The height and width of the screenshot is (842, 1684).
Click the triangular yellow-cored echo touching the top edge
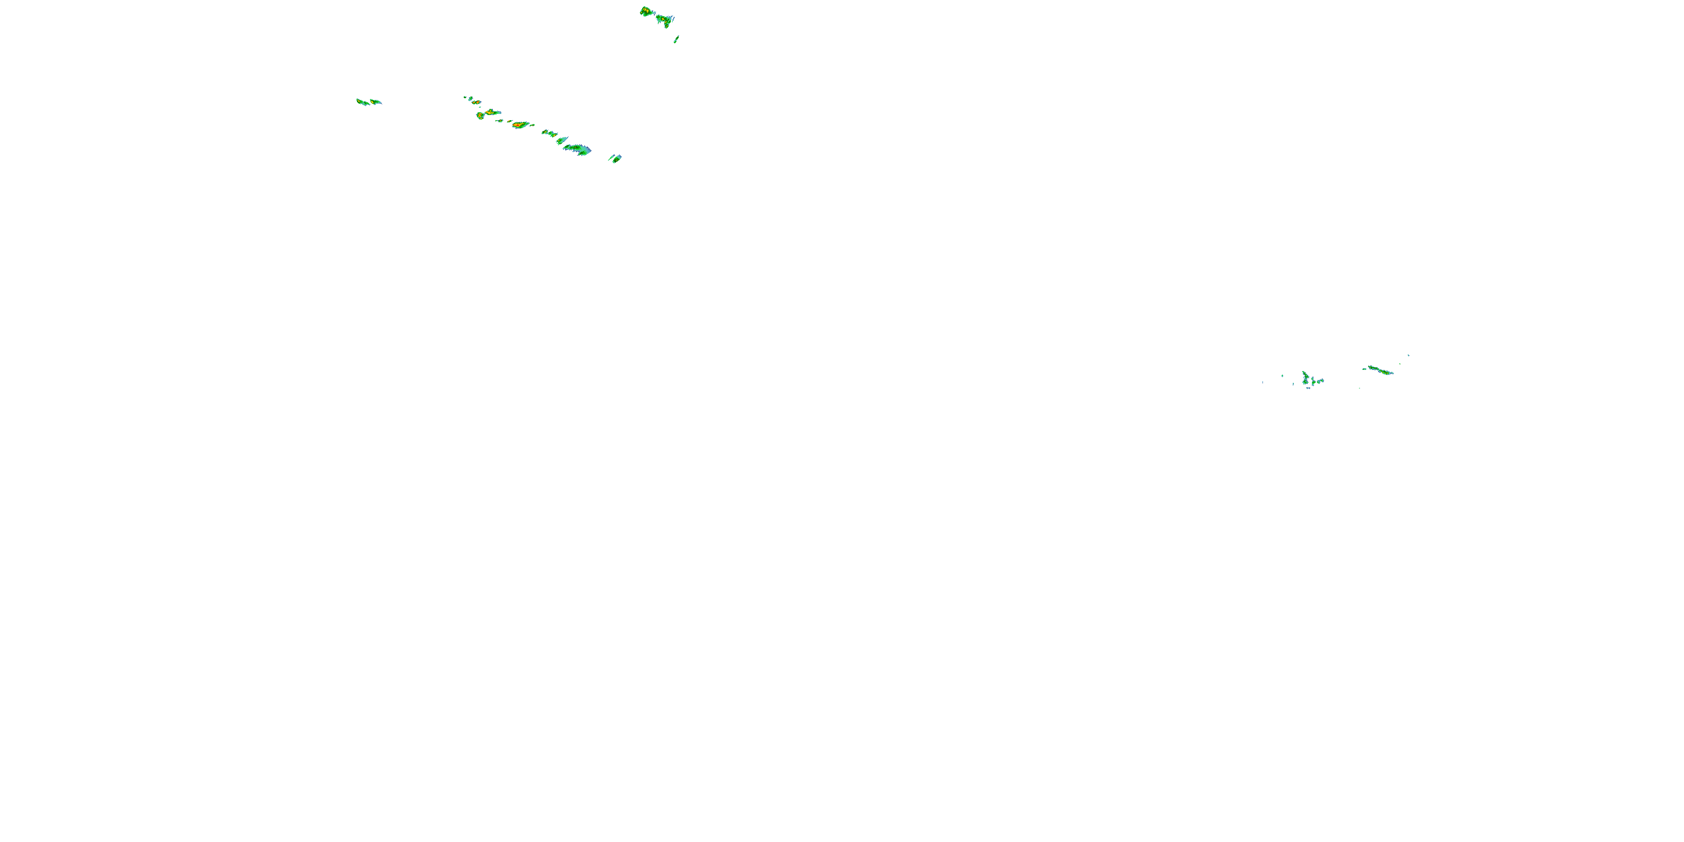647,11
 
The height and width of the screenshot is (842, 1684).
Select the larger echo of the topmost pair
665,20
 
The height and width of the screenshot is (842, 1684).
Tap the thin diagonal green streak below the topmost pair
676,39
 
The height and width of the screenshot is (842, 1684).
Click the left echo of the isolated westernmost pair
362,102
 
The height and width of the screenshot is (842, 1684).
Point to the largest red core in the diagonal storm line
520,124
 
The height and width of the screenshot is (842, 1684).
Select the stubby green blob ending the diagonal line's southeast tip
615,158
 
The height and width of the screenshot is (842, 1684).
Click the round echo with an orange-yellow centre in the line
481,116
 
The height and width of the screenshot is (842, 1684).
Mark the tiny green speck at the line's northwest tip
465,98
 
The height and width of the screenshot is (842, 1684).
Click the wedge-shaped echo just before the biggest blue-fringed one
561,140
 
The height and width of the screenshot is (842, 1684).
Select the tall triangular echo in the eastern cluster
1305,377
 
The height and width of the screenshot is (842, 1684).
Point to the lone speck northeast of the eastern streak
1408,356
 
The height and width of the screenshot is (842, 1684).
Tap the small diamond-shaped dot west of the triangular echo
1282,375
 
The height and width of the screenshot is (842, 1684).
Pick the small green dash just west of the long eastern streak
1365,369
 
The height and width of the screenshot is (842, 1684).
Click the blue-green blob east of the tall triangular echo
1318,381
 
